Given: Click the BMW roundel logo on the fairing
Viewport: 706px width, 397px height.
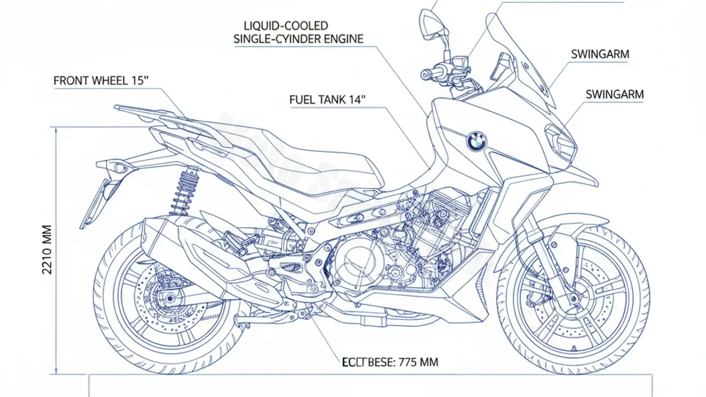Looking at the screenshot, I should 477,141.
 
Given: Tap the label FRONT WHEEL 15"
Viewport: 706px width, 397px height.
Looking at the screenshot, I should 99,81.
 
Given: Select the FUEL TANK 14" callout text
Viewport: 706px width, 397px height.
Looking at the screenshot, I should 327,99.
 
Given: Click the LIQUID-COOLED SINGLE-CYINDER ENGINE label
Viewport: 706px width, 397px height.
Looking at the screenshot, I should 298,32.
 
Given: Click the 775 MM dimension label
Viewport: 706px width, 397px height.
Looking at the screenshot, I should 390,362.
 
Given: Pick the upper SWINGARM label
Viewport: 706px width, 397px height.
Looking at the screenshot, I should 600,54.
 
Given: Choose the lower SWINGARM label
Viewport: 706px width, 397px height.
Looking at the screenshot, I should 615,94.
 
